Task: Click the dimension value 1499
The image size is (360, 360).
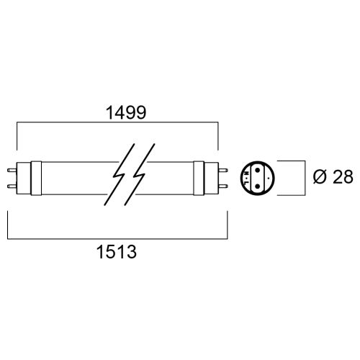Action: (117, 112)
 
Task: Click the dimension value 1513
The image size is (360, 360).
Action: (117, 253)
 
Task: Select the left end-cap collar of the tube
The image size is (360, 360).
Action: (27, 179)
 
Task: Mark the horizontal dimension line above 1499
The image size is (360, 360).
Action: (117, 123)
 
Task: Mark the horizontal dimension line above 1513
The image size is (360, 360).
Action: (117, 238)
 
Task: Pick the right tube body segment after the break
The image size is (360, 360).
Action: (173, 179)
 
